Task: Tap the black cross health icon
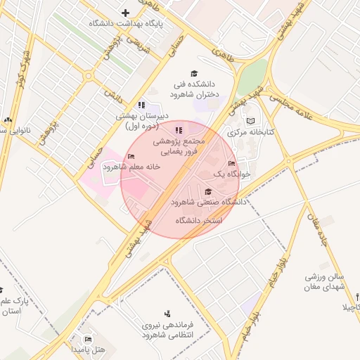(x=126, y=12)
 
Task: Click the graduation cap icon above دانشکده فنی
(x=194, y=73)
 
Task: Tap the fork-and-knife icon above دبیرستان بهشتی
(x=142, y=105)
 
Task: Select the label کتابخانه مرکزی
(x=251, y=131)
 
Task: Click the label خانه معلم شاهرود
(x=131, y=167)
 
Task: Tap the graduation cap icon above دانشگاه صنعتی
(x=207, y=191)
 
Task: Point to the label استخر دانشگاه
(x=200, y=220)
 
